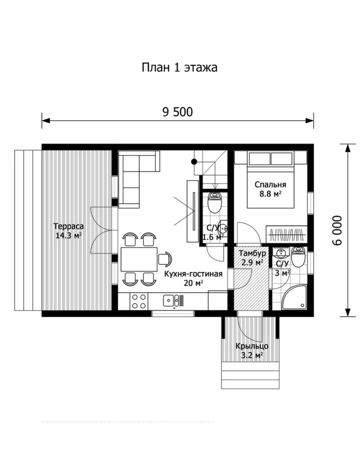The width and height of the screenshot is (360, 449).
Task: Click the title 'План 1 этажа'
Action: (x=180, y=68)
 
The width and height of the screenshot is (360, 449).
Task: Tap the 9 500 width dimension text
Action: (x=178, y=112)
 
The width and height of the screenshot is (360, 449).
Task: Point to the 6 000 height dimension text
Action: (x=336, y=230)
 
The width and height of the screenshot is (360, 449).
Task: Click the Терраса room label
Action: (x=68, y=226)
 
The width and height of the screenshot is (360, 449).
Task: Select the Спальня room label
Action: (x=271, y=185)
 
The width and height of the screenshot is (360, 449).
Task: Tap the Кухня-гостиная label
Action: (x=193, y=274)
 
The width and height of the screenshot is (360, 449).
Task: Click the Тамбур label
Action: (x=252, y=253)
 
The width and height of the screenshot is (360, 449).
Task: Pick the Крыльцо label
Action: (x=252, y=346)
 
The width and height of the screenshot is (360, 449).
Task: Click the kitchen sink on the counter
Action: (x=171, y=301)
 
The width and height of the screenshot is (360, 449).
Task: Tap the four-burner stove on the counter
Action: (x=139, y=301)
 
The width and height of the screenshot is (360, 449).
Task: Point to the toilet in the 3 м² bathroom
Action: (x=298, y=257)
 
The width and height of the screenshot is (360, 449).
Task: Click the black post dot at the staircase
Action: (x=194, y=161)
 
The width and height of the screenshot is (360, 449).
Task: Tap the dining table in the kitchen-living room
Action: (x=139, y=259)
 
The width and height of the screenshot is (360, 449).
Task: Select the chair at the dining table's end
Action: (x=165, y=259)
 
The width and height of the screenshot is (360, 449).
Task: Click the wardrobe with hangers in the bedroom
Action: (x=287, y=235)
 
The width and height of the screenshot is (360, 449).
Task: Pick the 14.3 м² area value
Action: (x=68, y=236)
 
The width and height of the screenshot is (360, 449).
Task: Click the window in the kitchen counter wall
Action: (x=173, y=314)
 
